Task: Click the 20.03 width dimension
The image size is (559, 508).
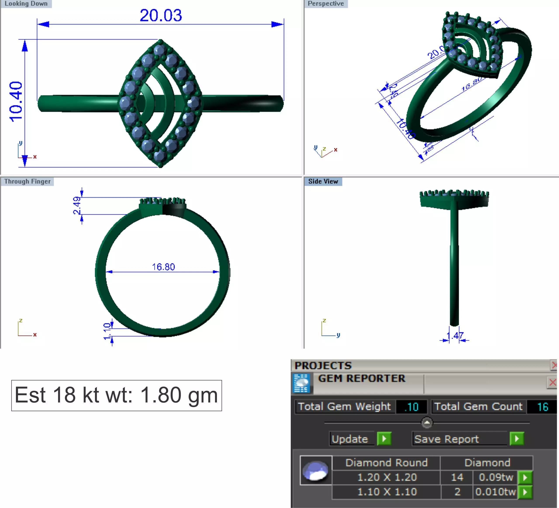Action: [161, 15]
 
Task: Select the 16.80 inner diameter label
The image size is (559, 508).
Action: [163, 267]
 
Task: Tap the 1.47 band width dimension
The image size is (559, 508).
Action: [455, 336]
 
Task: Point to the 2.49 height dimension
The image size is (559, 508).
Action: [77, 205]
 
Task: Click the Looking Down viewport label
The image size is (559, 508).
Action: [26, 3]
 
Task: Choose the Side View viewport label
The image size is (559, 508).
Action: [323, 181]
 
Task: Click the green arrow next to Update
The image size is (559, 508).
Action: [384, 439]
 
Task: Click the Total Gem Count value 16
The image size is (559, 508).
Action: [542, 407]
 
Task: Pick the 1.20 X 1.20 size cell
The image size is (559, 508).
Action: [387, 477]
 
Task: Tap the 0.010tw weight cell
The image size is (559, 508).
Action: [495, 492]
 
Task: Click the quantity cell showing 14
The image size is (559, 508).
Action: [457, 477]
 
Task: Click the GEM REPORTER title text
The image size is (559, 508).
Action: [362, 378]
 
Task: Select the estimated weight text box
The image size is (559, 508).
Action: [116, 395]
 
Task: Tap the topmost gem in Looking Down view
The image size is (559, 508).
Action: [160, 50]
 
